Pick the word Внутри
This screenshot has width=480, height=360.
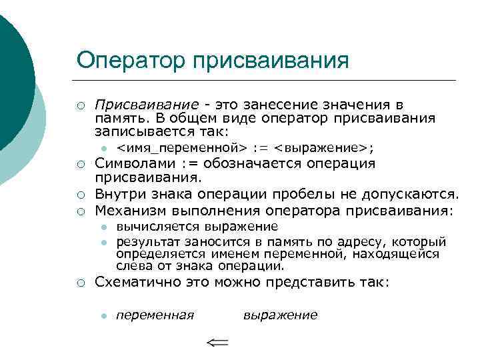pyautogui.click(x=117, y=195)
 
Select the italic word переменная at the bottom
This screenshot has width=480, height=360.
pyautogui.click(x=155, y=315)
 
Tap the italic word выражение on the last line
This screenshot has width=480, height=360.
pyautogui.click(x=280, y=315)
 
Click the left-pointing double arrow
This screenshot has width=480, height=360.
pyautogui.click(x=217, y=343)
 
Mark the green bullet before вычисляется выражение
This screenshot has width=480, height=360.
pyautogui.click(x=105, y=227)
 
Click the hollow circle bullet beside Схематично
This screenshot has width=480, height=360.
pyautogui.click(x=80, y=283)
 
